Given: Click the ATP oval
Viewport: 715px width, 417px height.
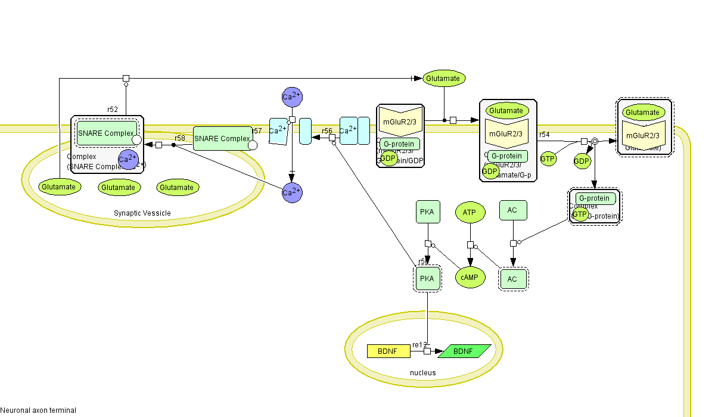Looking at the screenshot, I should click(470, 211).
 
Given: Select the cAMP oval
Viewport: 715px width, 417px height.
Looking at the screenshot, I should click(470, 277).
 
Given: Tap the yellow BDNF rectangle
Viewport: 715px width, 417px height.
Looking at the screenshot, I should click(388, 351).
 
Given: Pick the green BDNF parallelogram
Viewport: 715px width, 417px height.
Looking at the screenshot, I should click(464, 351).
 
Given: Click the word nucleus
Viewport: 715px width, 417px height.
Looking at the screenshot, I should click(422, 373).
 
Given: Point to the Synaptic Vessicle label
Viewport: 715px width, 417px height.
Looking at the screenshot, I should click(142, 213).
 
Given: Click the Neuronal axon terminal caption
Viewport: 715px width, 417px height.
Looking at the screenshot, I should click(38, 410).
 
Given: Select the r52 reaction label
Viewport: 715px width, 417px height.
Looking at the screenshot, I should click(113, 110).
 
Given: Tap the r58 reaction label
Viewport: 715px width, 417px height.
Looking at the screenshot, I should click(180, 138).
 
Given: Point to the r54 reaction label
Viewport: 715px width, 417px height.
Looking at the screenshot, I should click(544, 135).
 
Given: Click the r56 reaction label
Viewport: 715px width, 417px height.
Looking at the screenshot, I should click(327, 130).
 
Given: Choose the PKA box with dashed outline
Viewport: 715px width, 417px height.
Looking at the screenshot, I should click(427, 278).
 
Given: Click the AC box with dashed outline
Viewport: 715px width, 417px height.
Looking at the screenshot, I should click(512, 278).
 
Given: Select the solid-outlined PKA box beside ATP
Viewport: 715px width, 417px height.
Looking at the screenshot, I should click(427, 211).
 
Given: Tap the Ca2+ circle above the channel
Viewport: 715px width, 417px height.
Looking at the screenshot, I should click(292, 97).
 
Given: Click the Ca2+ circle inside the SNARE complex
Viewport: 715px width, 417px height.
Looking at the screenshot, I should click(128, 160).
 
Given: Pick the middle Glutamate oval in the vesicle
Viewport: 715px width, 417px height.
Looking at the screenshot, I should click(118, 187).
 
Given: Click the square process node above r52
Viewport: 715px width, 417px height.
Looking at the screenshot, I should click(126, 78).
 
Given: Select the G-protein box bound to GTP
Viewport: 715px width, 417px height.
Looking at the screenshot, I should click(594, 198).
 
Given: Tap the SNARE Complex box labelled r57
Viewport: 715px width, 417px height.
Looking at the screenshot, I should click(222, 139).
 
